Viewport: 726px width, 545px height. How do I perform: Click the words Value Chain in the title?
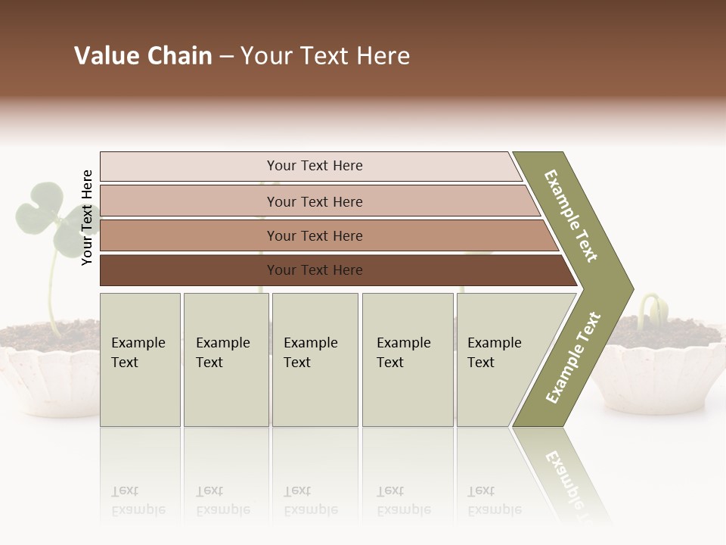click(x=143, y=56)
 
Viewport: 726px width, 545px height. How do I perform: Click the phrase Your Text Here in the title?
click(x=325, y=56)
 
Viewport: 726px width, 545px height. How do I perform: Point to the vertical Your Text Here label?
click(x=87, y=217)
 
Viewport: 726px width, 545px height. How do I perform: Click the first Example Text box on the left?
click(x=140, y=360)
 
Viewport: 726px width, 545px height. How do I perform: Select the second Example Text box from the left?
click(x=226, y=360)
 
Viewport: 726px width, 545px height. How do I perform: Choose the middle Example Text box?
click(x=315, y=360)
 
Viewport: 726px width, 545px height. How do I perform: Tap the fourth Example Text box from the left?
click(x=408, y=360)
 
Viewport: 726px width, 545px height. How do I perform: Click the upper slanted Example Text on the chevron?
click(x=571, y=216)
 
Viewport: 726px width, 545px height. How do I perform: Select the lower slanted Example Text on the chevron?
click(x=573, y=357)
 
